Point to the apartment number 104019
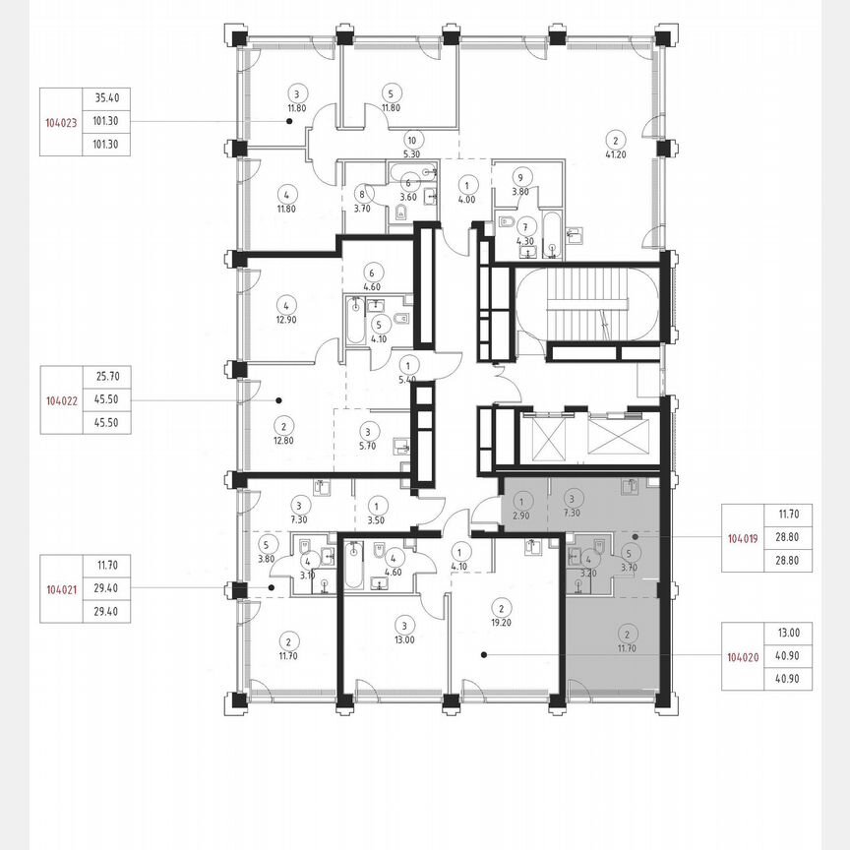click(743, 539)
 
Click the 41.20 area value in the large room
click(617, 153)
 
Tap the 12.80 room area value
click(283, 442)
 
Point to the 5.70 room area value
click(368, 446)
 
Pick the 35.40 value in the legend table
click(107, 98)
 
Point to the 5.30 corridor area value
click(412, 154)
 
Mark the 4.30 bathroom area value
click(526, 240)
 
